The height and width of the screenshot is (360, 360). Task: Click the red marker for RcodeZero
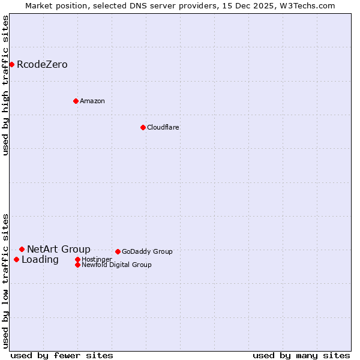(x=11, y=64)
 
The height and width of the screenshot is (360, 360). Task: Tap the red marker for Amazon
(x=76, y=101)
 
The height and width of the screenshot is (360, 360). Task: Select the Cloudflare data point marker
(x=143, y=127)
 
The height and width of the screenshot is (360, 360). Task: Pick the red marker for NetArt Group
(x=22, y=249)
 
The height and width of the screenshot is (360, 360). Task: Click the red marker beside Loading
(x=16, y=259)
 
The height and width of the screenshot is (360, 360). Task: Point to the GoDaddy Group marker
(x=118, y=251)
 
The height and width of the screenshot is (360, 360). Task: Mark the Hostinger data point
(x=77, y=259)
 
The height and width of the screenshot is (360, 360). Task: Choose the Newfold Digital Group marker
(x=77, y=265)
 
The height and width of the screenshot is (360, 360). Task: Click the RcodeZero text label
(x=42, y=64)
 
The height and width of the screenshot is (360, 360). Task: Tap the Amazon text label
(x=92, y=101)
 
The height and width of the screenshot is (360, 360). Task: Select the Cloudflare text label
(x=163, y=127)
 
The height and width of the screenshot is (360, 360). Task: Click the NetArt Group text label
(x=59, y=249)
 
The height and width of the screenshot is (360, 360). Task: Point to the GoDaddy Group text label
(x=147, y=251)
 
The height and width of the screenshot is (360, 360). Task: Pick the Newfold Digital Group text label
(x=116, y=265)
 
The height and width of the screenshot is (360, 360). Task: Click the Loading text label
(x=40, y=259)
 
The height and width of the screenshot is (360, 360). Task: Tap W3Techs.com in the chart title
(x=307, y=5)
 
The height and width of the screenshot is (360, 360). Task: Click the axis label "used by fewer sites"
(x=62, y=355)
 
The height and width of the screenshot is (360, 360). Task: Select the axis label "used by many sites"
(x=301, y=355)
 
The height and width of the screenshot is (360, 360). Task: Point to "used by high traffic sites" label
(x=6, y=85)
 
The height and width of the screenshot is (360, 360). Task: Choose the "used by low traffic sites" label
(x=6, y=281)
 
